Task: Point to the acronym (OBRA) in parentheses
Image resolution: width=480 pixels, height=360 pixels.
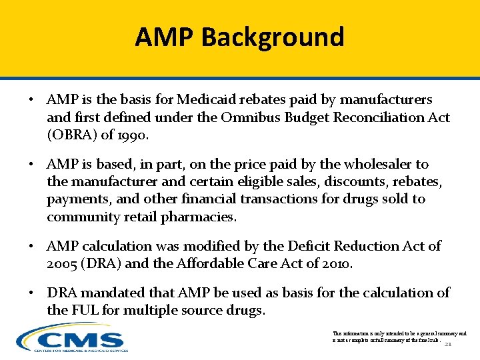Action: click(x=71, y=135)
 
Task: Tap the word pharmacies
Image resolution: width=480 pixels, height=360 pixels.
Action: click(x=201, y=216)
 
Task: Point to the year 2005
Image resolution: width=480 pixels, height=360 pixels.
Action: click(x=64, y=263)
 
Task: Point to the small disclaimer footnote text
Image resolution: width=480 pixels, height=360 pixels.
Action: click(x=399, y=336)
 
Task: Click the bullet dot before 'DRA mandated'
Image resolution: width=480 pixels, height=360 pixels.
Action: click(x=31, y=293)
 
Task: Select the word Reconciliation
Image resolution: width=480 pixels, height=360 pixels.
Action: click(x=390, y=117)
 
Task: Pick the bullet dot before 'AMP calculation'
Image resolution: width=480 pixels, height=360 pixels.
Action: click(x=31, y=247)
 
